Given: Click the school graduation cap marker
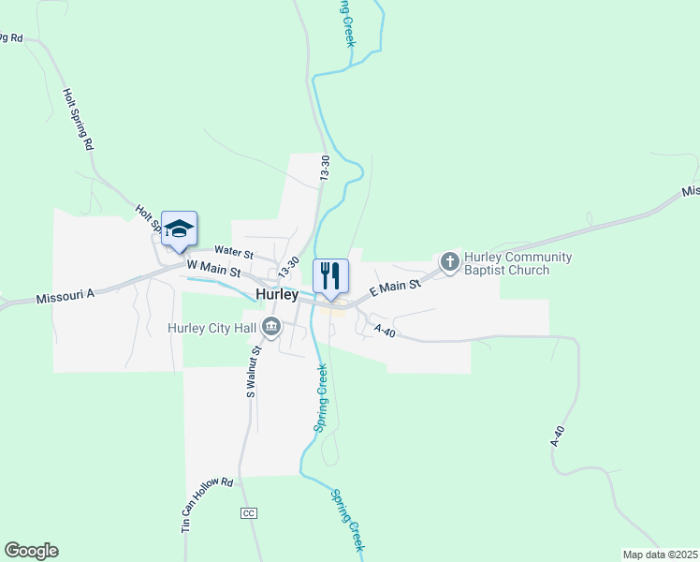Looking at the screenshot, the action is click(179, 229).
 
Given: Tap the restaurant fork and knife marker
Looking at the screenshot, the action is click(329, 276).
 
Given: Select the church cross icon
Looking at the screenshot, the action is click(449, 261).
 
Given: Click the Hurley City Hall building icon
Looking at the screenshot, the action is click(271, 327).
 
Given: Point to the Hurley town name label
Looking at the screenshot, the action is click(276, 294).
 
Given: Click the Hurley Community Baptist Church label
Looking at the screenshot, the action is click(518, 263).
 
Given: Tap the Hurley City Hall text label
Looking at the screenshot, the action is click(213, 328).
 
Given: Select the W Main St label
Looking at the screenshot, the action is click(213, 270).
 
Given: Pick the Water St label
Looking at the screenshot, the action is click(233, 252).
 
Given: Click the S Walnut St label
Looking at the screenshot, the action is click(251, 372).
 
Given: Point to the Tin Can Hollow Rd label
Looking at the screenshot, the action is click(206, 505).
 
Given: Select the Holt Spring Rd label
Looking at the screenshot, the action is click(78, 120).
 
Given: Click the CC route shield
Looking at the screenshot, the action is click(248, 513).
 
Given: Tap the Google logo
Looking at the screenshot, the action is click(31, 551).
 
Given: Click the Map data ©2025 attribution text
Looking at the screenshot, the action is click(659, 555).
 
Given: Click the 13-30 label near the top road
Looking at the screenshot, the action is click(325, 168).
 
